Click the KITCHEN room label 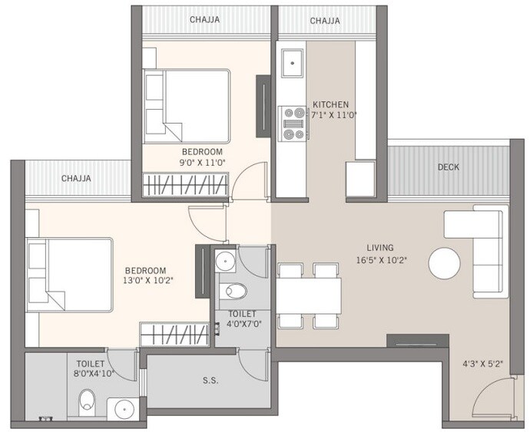point(330,104)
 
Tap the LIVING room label point(380,247)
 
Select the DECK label point(449,167)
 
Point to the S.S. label point(209,381)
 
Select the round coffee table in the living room point(445,263)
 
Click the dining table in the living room point(308,296)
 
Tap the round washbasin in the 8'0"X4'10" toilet point(124,410)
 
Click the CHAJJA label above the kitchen point(325,21)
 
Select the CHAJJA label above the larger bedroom point(76,179)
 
